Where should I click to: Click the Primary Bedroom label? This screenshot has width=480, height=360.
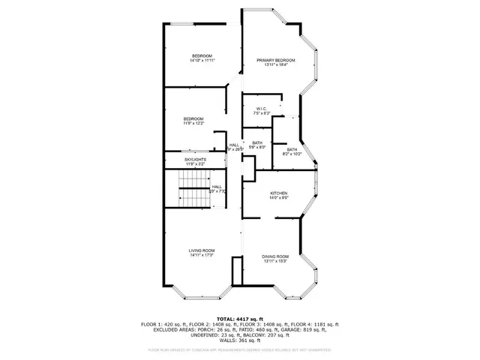275,60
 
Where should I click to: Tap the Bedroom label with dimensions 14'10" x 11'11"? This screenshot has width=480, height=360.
202,56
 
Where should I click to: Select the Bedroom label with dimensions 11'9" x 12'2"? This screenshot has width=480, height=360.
193,119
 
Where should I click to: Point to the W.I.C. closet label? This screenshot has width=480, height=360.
262,109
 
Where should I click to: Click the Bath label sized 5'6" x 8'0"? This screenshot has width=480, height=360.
257,142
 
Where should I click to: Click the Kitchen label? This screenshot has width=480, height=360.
279,193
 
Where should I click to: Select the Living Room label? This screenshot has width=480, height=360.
202,250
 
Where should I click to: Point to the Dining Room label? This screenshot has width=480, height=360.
275,256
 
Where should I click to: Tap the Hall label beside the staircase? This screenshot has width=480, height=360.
216,187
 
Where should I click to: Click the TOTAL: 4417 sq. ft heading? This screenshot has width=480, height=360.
239,318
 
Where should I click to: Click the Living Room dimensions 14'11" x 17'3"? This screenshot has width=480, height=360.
202,256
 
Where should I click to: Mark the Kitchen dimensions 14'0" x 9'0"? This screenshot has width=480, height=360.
279,199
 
